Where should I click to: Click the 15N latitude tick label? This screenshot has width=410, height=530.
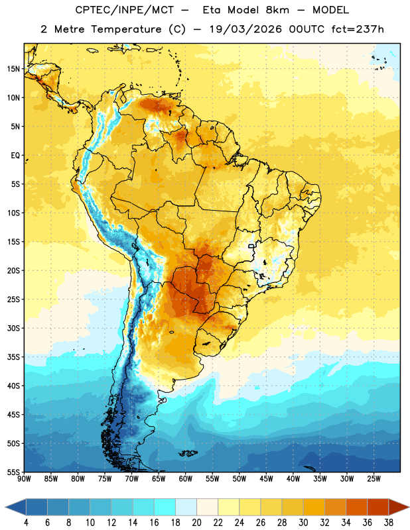coord(13,69)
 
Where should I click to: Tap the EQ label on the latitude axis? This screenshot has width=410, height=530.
coord(15,156)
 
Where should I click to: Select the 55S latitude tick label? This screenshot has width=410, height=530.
coord(13,472)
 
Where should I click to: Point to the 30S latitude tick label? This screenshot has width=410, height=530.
coord(13,328)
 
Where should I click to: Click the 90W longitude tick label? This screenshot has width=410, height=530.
coord(24,479)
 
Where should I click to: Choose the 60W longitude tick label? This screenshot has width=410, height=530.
coord(186,479)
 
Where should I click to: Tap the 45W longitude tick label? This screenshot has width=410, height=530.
coord(266,479)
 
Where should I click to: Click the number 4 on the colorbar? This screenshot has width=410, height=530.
coord(26,523)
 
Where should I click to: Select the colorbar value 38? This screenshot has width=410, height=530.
coord(389,523)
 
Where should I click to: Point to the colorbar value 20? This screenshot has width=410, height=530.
coord(196,523)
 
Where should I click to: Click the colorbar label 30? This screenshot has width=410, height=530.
coord(303,523)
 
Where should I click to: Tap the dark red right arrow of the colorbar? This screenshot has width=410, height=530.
coord(398,507)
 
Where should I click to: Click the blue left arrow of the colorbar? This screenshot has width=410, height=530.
coord(16,507)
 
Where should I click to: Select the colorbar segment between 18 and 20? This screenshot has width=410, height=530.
coord(186,507)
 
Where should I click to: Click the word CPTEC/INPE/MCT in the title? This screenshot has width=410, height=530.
coord(124,10)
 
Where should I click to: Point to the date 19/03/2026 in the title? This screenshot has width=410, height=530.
coord(245,29)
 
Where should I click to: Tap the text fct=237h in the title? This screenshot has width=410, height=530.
coord(358,29)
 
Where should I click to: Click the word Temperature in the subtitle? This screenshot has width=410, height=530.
coord(127,29)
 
